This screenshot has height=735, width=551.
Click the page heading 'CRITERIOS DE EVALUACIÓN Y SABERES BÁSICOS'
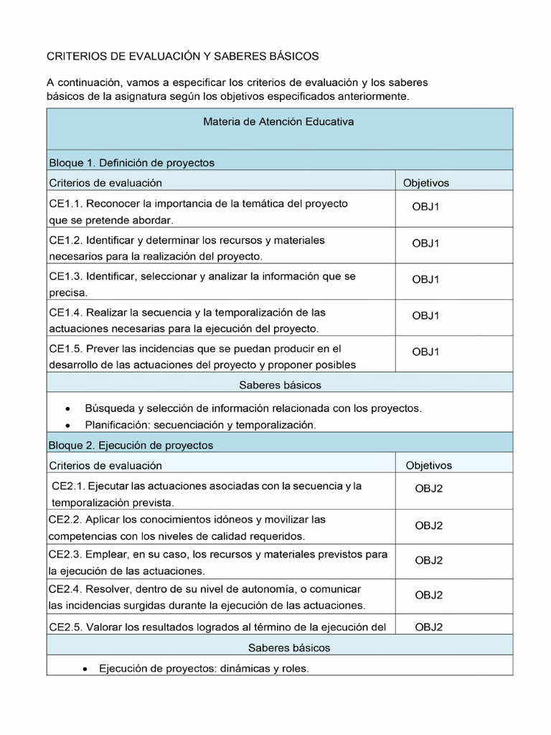183,56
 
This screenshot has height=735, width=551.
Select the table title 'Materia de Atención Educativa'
278,122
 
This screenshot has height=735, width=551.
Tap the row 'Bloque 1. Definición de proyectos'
131,163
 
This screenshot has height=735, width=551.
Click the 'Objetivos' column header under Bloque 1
426,183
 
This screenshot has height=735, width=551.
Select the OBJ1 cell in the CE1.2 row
425,243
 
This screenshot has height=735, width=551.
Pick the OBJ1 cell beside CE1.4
425,315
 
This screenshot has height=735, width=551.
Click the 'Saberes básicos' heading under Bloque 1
280,385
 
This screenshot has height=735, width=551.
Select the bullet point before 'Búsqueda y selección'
67,408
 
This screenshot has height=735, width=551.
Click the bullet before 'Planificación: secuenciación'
67,425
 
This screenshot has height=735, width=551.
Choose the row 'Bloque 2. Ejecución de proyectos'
131,446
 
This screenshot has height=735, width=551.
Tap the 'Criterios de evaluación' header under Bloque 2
105,466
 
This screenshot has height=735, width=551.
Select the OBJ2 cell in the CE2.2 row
428,525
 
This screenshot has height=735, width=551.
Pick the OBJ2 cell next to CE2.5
428,627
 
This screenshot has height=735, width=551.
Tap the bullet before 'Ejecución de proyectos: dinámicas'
85,669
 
